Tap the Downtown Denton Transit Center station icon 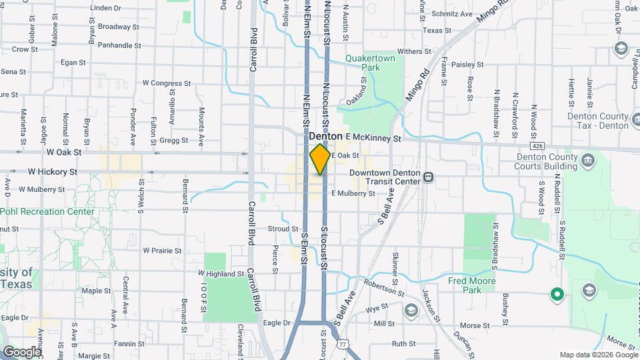coord(429,177)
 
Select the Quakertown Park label coord(371,63)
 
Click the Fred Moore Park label coord(473,285)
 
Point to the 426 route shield coord(537,145)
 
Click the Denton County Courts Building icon coord(588,160)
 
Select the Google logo coord(22,351)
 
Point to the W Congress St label coord(167,83)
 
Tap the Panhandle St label coord(119,45)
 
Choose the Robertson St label coord(384,291)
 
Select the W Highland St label coord(221,273)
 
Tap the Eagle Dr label coord(277,323)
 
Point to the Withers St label coord(415,51)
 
